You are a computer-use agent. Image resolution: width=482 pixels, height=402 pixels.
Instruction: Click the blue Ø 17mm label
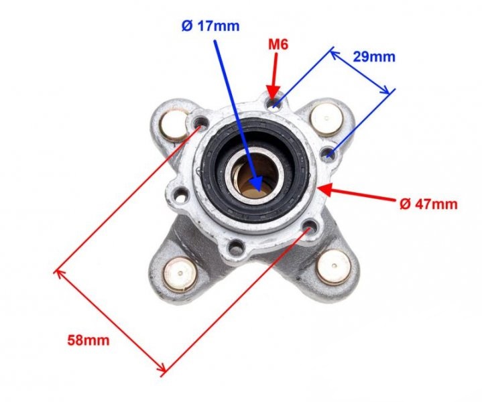point(210,26)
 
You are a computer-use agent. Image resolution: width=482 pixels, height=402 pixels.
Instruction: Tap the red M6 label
point(278,45)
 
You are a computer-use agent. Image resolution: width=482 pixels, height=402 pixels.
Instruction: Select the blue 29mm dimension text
point(374,57)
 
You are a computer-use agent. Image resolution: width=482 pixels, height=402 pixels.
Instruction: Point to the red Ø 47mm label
point(429,204)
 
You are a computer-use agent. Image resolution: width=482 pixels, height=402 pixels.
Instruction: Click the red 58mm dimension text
point(88,340)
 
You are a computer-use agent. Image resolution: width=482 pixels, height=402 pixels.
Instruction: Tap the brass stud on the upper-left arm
point(174,125)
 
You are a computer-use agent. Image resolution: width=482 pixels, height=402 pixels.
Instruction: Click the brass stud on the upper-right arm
point(326,120)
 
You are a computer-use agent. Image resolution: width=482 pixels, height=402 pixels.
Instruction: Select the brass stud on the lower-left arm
point(180,274)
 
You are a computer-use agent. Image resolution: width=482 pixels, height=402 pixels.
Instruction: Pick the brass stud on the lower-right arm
point(334,267)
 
